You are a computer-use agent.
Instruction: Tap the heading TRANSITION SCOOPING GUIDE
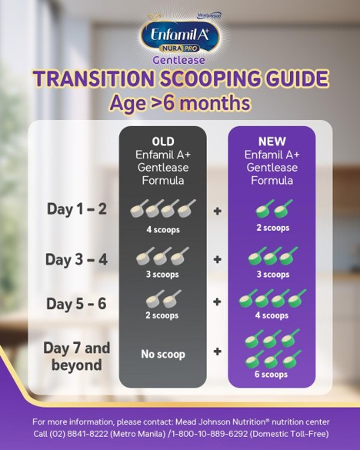click(180, 79)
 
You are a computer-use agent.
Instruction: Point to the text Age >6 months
click(180, 102)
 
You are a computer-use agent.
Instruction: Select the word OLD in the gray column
click(162, 142)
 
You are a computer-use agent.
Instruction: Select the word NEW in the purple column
click(272, 142)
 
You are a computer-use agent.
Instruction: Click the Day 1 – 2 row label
click(78, 209)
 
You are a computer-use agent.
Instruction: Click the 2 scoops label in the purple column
click(272, 228)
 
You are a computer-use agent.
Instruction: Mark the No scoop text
click(162, 353)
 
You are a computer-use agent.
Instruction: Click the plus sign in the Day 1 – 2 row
click(218, 210)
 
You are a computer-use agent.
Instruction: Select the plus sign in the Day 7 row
click(218, 353)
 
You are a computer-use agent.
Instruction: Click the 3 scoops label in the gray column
click(162, 273)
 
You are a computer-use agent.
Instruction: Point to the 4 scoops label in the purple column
click(272, 315)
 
